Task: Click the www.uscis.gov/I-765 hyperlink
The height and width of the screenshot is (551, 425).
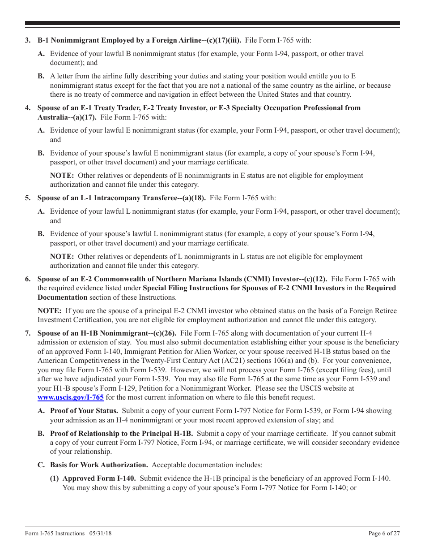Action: click(x=71, y=397)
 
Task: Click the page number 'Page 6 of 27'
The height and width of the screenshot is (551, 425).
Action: click(x=384, y=533)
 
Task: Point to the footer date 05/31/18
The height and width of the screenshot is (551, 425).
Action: click(x=100, y=533)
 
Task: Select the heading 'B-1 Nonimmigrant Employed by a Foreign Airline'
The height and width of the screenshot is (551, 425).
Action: click(x=114, y=40)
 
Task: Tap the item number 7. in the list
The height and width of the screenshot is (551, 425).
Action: click(x=28, y=333)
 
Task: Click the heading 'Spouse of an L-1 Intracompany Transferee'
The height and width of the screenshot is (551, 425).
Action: click(x=110, y=198)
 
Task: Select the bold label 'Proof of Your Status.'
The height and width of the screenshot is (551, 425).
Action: click(x=84, y=411)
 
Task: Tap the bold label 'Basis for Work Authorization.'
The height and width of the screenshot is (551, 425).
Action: click(x=99, y=465)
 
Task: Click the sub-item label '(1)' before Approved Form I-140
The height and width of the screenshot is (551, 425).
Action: click(x=55, y=478)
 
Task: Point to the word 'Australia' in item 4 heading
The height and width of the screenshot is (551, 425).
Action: click(x=52, y=117)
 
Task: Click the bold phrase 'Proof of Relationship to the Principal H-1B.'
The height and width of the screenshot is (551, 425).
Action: click(x=121, y=434)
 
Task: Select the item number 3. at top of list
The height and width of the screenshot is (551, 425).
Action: click(x=28, y=40)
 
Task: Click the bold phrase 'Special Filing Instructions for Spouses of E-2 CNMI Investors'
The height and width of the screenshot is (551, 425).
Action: click(x=243, y=288)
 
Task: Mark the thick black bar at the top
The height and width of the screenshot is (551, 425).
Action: click(x=212, y=23)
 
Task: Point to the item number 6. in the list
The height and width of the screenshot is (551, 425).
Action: click(x=28, y=279)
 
